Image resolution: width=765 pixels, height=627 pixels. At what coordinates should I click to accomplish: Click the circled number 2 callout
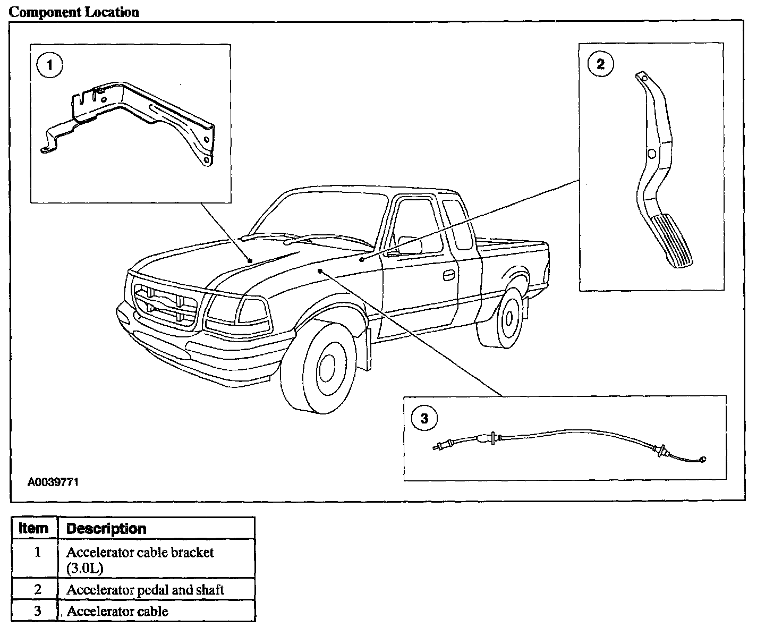(x=600, y=64)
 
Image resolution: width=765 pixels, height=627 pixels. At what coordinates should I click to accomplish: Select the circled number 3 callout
(x=424, y=419)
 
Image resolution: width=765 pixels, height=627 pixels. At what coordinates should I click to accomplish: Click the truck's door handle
(x=448, y=275)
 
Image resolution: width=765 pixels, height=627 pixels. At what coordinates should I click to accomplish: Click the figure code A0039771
(x=53, y=482)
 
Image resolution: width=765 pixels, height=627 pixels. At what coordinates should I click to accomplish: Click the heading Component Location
(x=74, y=12)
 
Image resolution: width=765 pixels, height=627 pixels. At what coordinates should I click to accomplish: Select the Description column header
(x=106, y=529)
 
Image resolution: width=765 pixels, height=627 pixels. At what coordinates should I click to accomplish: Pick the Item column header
(x=33, y=529)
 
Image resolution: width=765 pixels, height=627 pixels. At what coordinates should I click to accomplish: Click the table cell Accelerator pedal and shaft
(x=144, y=589)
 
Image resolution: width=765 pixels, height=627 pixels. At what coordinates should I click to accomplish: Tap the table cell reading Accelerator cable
(x=117, y=611)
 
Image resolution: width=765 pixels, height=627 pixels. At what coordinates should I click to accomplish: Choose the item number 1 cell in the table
(x=37, y=553)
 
